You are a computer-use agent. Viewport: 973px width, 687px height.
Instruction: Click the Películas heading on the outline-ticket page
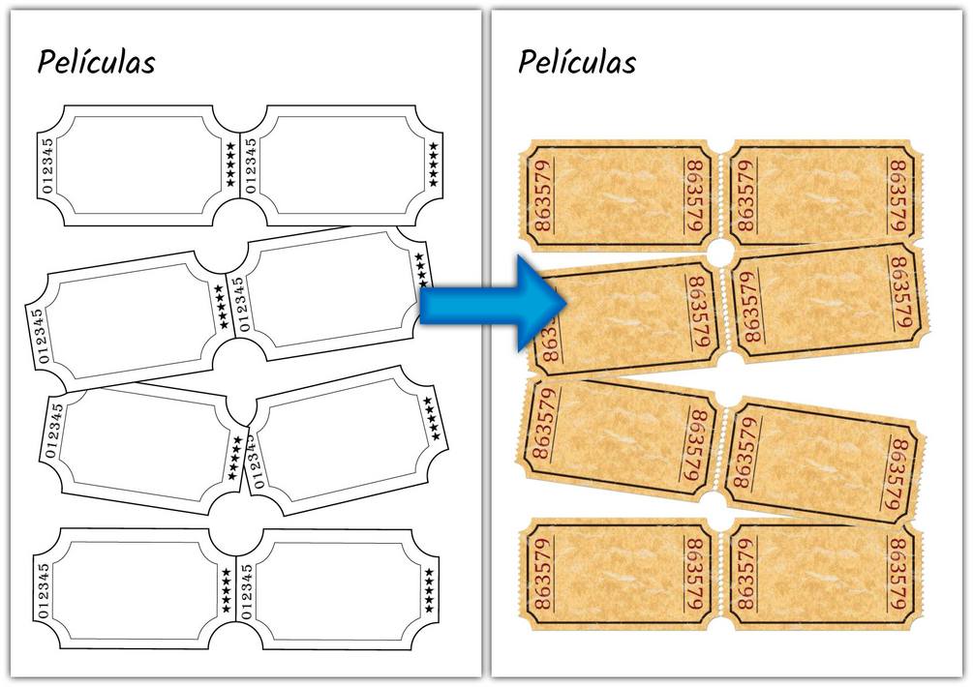click(96, 62)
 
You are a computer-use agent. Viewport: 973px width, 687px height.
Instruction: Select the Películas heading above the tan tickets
click(577, 62)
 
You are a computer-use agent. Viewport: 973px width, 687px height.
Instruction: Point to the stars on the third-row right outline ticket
click(432, 414)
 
